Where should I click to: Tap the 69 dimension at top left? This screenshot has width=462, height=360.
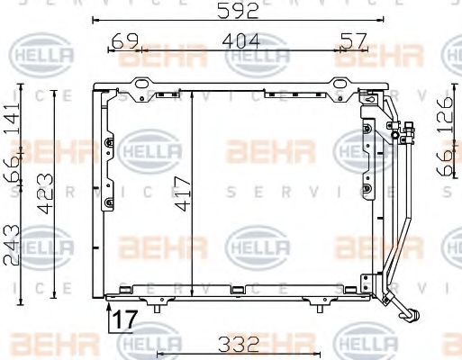coord(124,40)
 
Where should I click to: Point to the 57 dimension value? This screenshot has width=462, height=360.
coord(354,40)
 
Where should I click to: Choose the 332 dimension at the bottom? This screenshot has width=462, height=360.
coord(237,343)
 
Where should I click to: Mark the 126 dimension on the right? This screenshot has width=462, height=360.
coord(444,117)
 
